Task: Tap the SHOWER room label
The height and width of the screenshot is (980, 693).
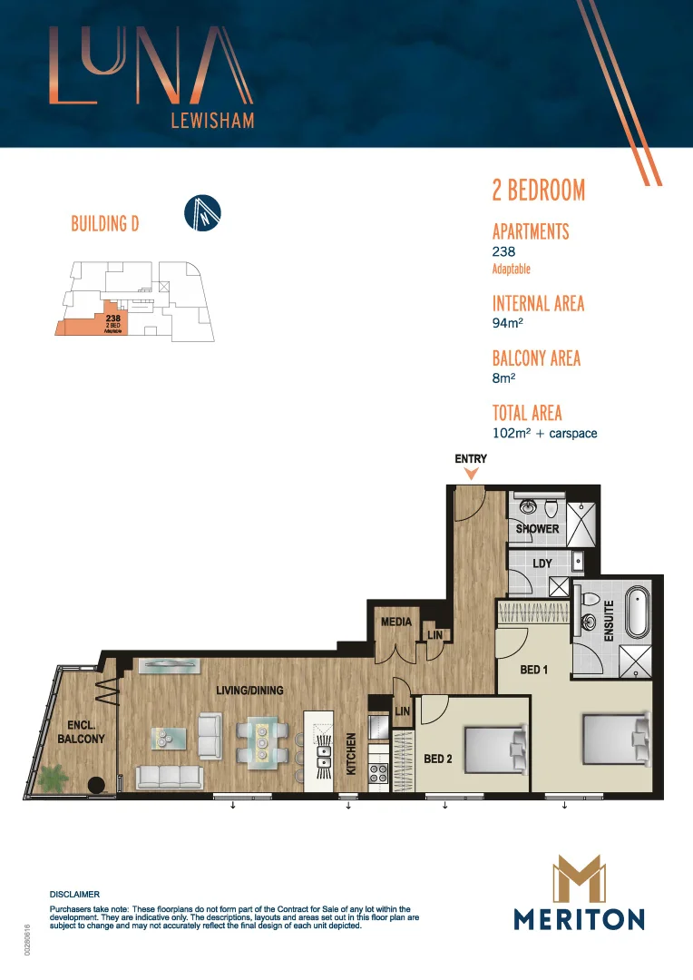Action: pos(537,529)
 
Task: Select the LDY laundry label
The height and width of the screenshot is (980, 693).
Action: pos(542,564)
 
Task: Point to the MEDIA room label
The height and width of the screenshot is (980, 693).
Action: pos(395,622)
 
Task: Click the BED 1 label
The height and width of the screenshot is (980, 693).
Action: pos(535,670)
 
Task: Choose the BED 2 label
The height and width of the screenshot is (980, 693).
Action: pos(438,759)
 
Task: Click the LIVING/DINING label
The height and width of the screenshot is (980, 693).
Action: pos(249,691)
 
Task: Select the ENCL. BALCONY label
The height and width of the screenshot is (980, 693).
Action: pos(86,732)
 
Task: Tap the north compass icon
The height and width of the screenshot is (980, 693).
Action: pos(202,213)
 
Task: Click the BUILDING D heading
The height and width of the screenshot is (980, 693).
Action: pos(104,223)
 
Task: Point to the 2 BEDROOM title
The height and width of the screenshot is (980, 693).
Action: pos(538,191)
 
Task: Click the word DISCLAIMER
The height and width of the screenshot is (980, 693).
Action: pos(74,894)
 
